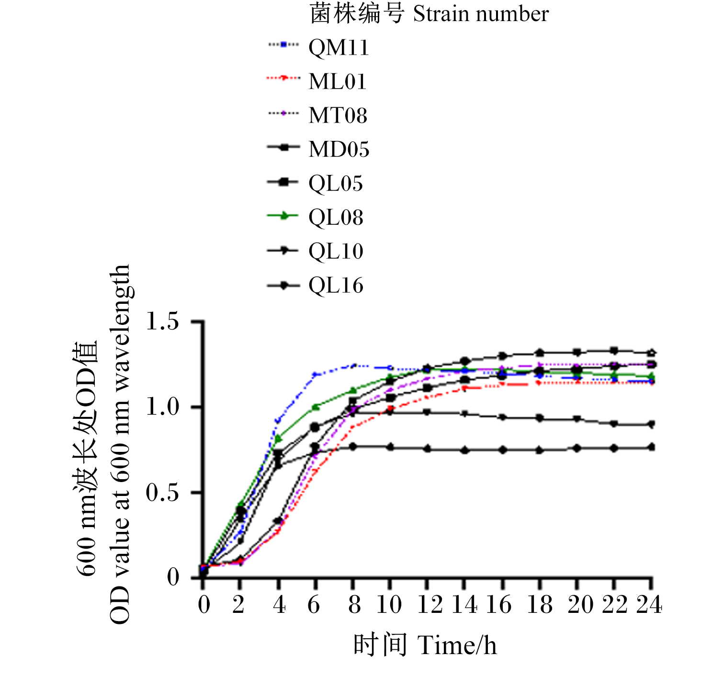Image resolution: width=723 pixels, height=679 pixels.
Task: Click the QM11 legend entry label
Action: pyautogui.click(x=339, y=48)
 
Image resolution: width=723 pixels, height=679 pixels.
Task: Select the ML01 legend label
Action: pyautogui.click(x=337, y=81)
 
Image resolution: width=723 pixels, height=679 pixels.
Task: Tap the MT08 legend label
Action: pyautogui.click(x=338, y=115)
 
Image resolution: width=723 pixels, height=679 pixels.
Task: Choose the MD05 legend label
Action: pyautogui.click(x=339, y=149)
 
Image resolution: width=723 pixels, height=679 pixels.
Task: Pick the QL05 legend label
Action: pyautogui.click(x=336, y=184)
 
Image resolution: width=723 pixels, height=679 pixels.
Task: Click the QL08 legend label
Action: pyautogui.click(x=336, y=218)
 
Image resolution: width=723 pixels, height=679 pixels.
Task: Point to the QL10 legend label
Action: pyautogui.click(x=336, y=252)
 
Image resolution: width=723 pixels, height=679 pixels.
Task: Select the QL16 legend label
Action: pyautogui.click(x=336, y=286)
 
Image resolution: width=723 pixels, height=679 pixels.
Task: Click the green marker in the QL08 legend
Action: pyautogui.click(x=283, y=216)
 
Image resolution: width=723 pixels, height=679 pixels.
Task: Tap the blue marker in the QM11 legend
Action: pyautogui.click(x=284, y=45)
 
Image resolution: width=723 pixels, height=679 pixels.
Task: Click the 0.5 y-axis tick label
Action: pyautogui.click(x=162, y=493)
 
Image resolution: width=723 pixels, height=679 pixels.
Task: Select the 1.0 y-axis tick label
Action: pyautogui.click(x=162, y=407)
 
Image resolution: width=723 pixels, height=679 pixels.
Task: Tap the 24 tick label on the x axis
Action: pyautogui.click(x=649, y=605)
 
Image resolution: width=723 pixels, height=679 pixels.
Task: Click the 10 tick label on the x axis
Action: pyautogui.click(x=389, y=605)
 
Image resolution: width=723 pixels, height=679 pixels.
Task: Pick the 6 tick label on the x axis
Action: pyautogui.click(x=314, y=605)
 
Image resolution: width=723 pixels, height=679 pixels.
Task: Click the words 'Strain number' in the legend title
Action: pyautogui.click(x=481, y=14)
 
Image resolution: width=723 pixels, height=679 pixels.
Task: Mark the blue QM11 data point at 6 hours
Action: pyautogui.click(x=315, y=374)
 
